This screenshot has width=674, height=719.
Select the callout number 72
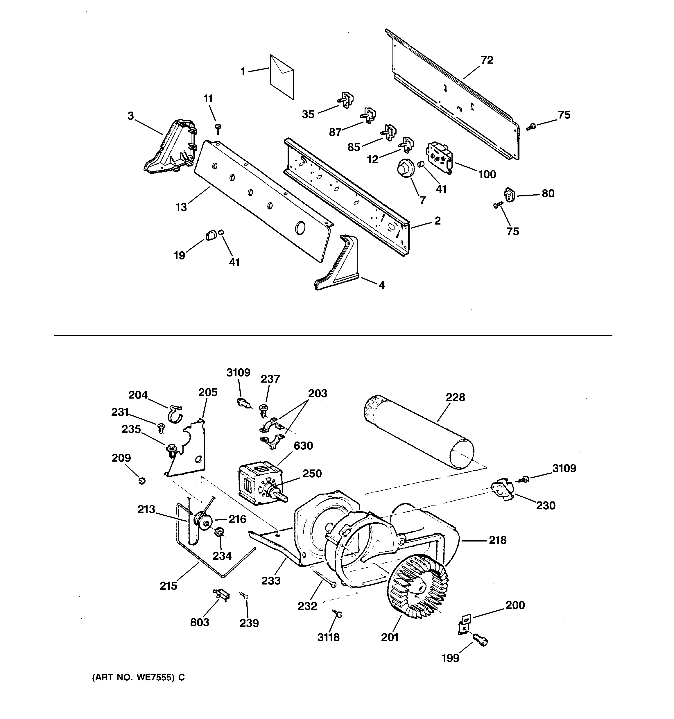coord(487,60)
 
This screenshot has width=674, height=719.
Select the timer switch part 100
coord(439,157)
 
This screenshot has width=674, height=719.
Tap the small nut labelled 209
coord(142,481)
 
